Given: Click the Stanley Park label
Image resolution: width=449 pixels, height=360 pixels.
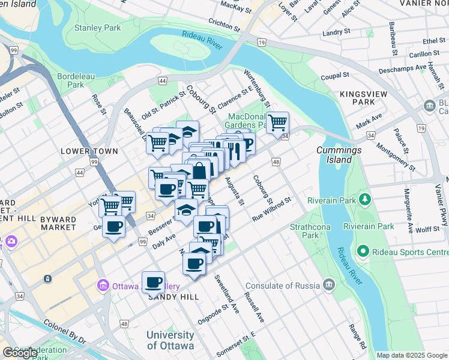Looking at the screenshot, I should tap(97, 28).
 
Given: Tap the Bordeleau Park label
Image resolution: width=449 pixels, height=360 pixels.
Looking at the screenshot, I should tap(71, 80).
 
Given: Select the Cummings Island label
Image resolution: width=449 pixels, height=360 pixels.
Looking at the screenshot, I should tap(339, 155).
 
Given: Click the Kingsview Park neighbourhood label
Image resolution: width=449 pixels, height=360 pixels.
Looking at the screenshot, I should tap(366, 98).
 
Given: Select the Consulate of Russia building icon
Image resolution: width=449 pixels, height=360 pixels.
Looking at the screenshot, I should tap(328, 284).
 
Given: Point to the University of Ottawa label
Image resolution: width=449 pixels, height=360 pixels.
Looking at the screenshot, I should tap(170, 340).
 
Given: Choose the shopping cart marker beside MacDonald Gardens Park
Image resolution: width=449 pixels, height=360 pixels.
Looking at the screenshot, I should tap(277, 122).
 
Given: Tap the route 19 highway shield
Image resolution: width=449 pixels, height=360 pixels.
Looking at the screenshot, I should tap(261, 42).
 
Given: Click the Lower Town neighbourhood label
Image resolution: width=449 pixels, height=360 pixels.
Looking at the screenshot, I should tap(89, 151).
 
